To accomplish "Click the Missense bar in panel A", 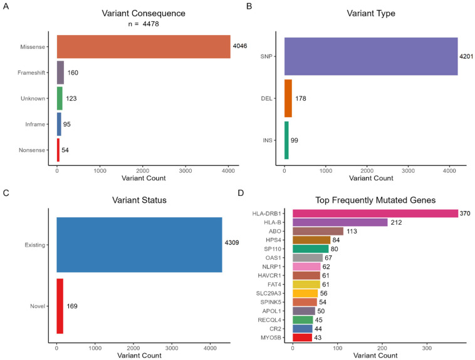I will [x=143, y=46].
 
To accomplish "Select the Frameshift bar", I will [x=60, y=73].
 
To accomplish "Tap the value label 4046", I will [x=241, y=46].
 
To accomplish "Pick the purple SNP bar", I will [x=371, y=56].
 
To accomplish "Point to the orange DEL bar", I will [x=288, y=98].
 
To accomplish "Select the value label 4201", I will [x=467, y=56].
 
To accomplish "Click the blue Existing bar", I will [x=139, y=245].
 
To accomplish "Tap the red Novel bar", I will [x=60, y=306].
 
